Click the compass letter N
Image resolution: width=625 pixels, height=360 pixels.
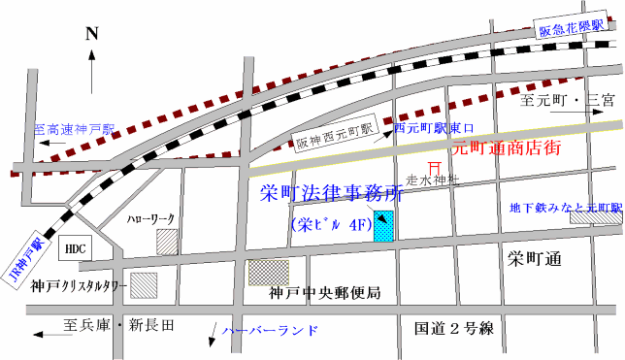(x=92, y=34)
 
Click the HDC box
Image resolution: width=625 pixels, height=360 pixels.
(x=75, y=248)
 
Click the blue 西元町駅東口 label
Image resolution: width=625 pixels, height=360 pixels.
(x=434, y=127)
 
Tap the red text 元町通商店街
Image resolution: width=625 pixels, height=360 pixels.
(x=506, y=148)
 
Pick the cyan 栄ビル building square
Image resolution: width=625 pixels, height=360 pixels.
(x=386, y=227)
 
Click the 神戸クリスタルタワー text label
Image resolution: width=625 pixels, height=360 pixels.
(x=78, y=287)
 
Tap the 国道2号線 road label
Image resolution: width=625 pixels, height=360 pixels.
(x=453, y=329)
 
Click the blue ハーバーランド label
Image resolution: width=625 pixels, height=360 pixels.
(x=270, y=331)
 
